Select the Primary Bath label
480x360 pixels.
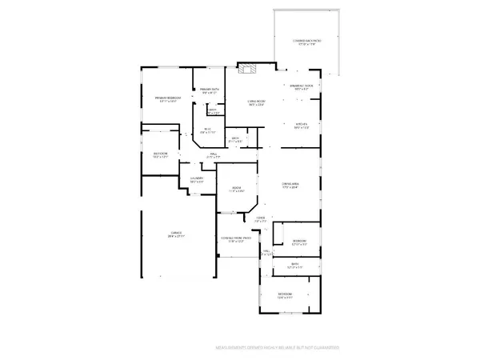210,90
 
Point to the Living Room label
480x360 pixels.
255,101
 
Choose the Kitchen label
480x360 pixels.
301,124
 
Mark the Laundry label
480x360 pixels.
196,179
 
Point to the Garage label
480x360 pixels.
176,234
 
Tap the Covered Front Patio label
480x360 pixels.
237,238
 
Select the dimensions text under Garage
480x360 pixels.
176,238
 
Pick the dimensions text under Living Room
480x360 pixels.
255,105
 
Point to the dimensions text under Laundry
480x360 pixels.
196,183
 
